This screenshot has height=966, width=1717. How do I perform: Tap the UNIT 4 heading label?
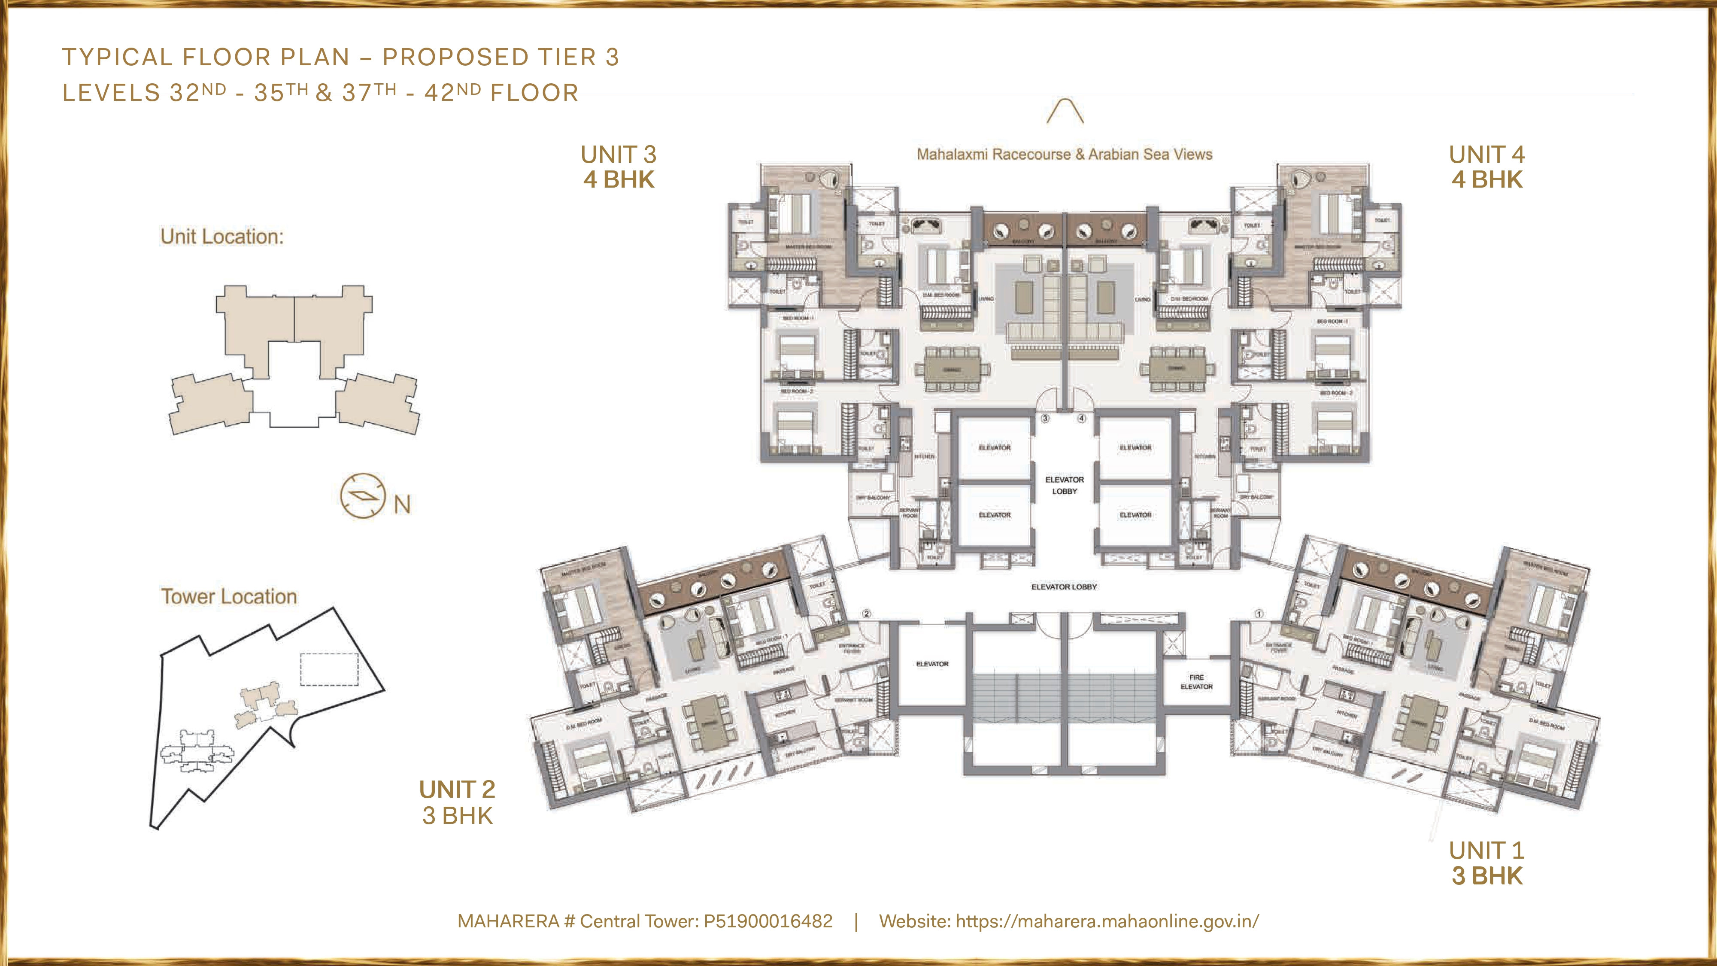click(1486, 155)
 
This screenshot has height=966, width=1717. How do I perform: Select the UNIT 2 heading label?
click(457, 790)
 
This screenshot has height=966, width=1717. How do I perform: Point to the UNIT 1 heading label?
click(1486, 851)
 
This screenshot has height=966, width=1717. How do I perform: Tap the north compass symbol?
click(363, 496)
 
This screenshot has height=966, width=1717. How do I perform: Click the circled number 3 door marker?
click(1045, 419)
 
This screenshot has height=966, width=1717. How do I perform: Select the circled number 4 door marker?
click(1081, 419)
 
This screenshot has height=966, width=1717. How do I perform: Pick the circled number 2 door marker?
click(867, 614)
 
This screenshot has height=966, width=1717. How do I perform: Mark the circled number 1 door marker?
click(1259, 614)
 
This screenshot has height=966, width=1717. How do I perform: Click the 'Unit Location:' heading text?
click(222, 237)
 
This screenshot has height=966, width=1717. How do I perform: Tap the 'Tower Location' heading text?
click(229, 597)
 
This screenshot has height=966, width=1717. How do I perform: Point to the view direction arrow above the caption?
click(1065, 111)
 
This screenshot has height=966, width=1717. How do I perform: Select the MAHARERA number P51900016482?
click(768, 921)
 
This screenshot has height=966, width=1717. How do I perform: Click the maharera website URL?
click(1107, 921)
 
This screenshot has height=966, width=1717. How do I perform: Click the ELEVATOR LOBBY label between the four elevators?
click(1065, 485)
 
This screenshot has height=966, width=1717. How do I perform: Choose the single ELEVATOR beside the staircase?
click(932, 664)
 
